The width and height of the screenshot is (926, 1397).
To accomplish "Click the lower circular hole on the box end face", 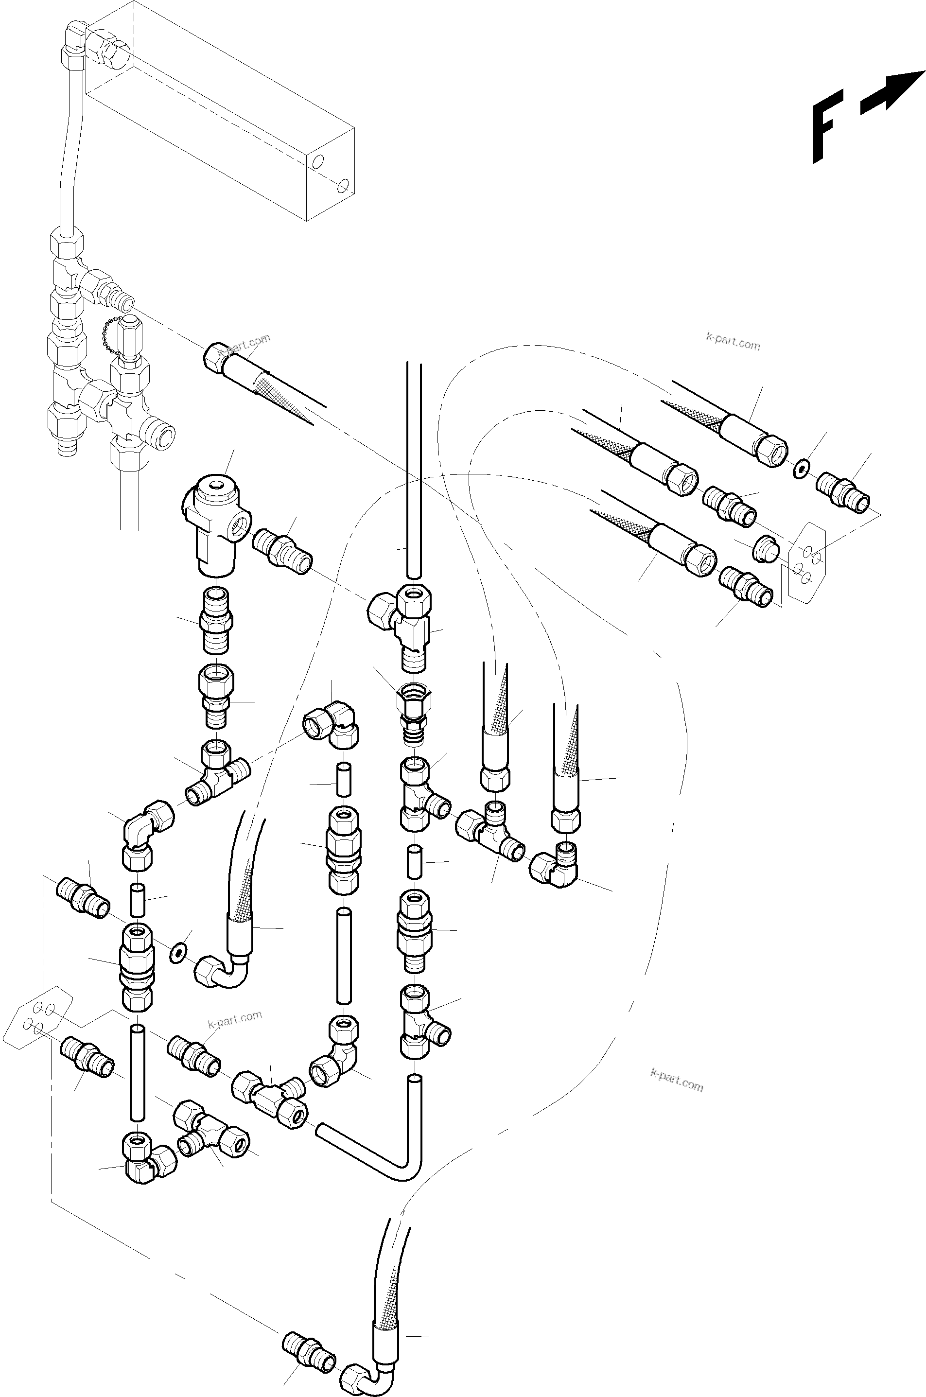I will (342, 186).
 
